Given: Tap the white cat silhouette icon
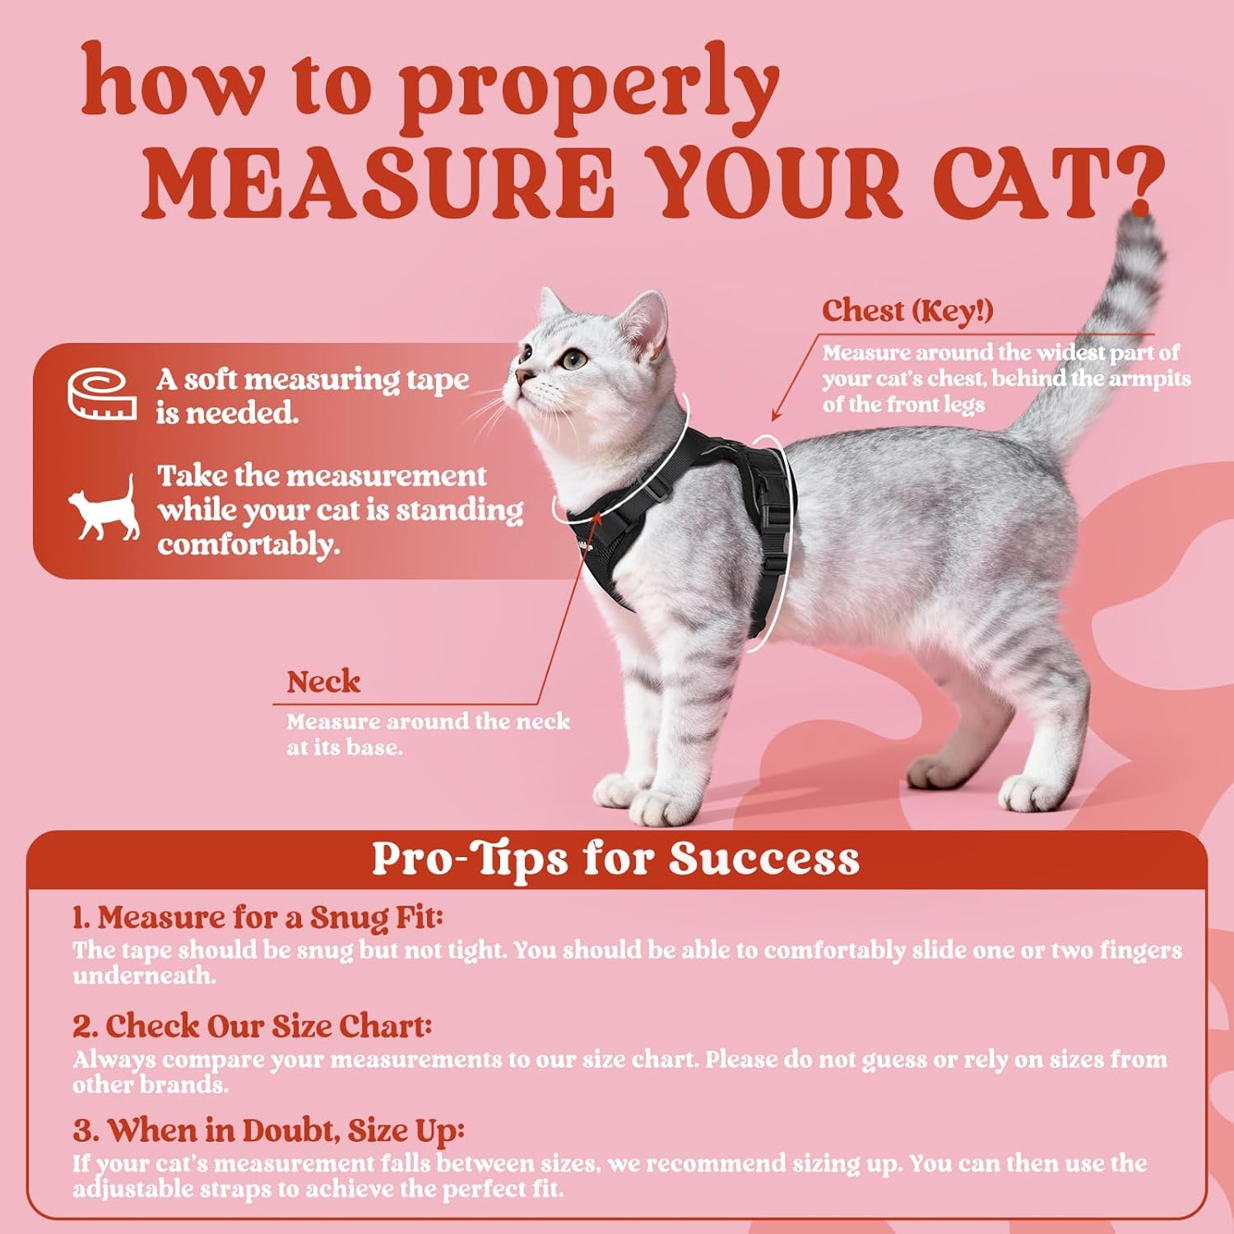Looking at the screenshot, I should click(x=104, y=508).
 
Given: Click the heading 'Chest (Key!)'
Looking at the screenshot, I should click(x=907, y=310).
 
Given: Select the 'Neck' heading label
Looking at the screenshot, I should click(x=323, y=681).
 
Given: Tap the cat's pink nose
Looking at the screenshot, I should click(x=520, y=376).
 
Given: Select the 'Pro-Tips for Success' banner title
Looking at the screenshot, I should click(x=615, y=858).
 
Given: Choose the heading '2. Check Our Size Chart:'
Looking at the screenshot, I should click(x=252, y=1026).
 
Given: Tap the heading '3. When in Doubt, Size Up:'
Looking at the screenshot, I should click(x=268, y=1130).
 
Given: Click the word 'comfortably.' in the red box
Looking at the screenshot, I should click(x=248, y=544).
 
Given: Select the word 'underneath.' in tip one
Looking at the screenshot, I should click(x=144, y=976).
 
